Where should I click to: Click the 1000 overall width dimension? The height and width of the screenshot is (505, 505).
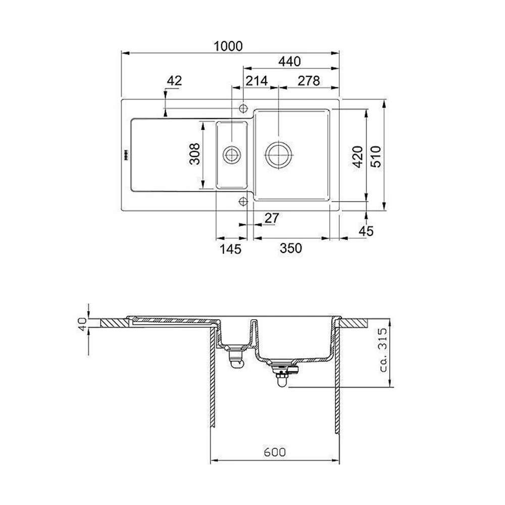(x=228, y=46)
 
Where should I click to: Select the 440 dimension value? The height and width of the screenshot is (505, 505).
(x=290, y=62)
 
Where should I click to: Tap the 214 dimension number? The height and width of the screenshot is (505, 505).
(x=257, y=80)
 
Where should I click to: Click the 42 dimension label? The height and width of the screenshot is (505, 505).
(x=174, y=80)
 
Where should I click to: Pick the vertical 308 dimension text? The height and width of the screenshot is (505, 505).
(x=194, y=154)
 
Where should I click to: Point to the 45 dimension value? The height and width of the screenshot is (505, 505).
(x=366, y=231)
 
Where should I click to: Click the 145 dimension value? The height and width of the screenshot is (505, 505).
(x=231, y=248)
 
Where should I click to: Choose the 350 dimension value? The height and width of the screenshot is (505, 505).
(x=291, y=248)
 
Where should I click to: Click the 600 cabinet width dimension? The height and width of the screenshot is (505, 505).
(x=275, y=452)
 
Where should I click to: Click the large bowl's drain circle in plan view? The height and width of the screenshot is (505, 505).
(x=278, y=154)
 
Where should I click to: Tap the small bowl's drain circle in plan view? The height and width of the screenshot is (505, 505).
(x=232, y=154)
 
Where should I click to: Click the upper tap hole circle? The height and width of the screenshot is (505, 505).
(x=243, y=108)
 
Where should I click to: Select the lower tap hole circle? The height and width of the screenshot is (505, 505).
(x=243, y=201)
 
